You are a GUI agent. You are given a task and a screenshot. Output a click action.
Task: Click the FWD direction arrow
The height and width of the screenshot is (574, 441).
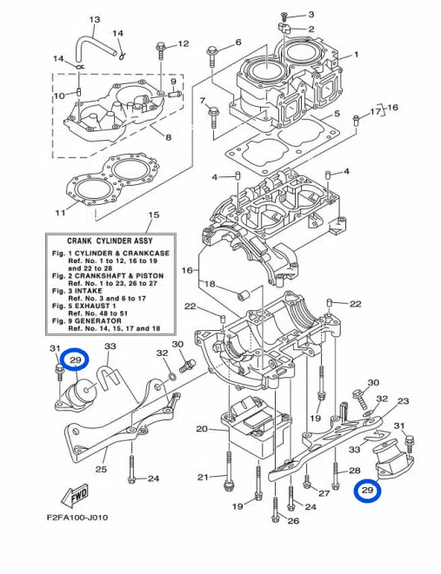[x=75, y=496]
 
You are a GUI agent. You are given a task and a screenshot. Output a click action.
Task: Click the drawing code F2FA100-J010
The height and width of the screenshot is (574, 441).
[x=77, y=518]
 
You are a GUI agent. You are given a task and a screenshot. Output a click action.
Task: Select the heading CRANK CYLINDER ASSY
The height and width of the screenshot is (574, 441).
[x=110, y=241]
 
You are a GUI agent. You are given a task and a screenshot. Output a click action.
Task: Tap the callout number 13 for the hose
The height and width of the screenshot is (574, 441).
[x=95, y=19]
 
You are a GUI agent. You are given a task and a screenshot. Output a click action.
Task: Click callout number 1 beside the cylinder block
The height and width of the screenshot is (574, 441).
[x=356, y=55]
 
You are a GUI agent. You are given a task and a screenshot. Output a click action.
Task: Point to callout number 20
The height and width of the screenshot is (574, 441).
[x=202, y=429]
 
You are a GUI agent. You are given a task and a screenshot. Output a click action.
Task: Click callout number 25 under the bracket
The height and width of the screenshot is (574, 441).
[x=101, y=469]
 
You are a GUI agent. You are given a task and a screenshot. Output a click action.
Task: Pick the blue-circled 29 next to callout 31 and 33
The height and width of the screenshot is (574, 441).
[x=75, y=360]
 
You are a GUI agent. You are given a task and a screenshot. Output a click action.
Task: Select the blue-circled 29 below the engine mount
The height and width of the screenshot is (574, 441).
[x=367, y=490]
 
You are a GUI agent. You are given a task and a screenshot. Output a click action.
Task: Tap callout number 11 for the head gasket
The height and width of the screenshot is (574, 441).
[x=61, y=213]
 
